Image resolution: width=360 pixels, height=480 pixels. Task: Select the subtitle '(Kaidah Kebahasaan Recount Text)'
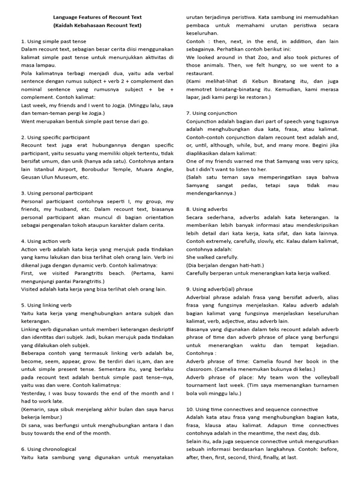97,25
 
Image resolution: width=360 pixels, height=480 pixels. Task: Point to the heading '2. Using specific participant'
55,137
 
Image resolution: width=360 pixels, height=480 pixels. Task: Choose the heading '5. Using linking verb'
46,305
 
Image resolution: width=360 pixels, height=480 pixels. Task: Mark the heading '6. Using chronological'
49,449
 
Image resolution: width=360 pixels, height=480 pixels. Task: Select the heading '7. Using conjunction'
211,113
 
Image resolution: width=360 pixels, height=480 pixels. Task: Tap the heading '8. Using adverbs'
207,209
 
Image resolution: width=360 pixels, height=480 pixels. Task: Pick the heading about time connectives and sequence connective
252,409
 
